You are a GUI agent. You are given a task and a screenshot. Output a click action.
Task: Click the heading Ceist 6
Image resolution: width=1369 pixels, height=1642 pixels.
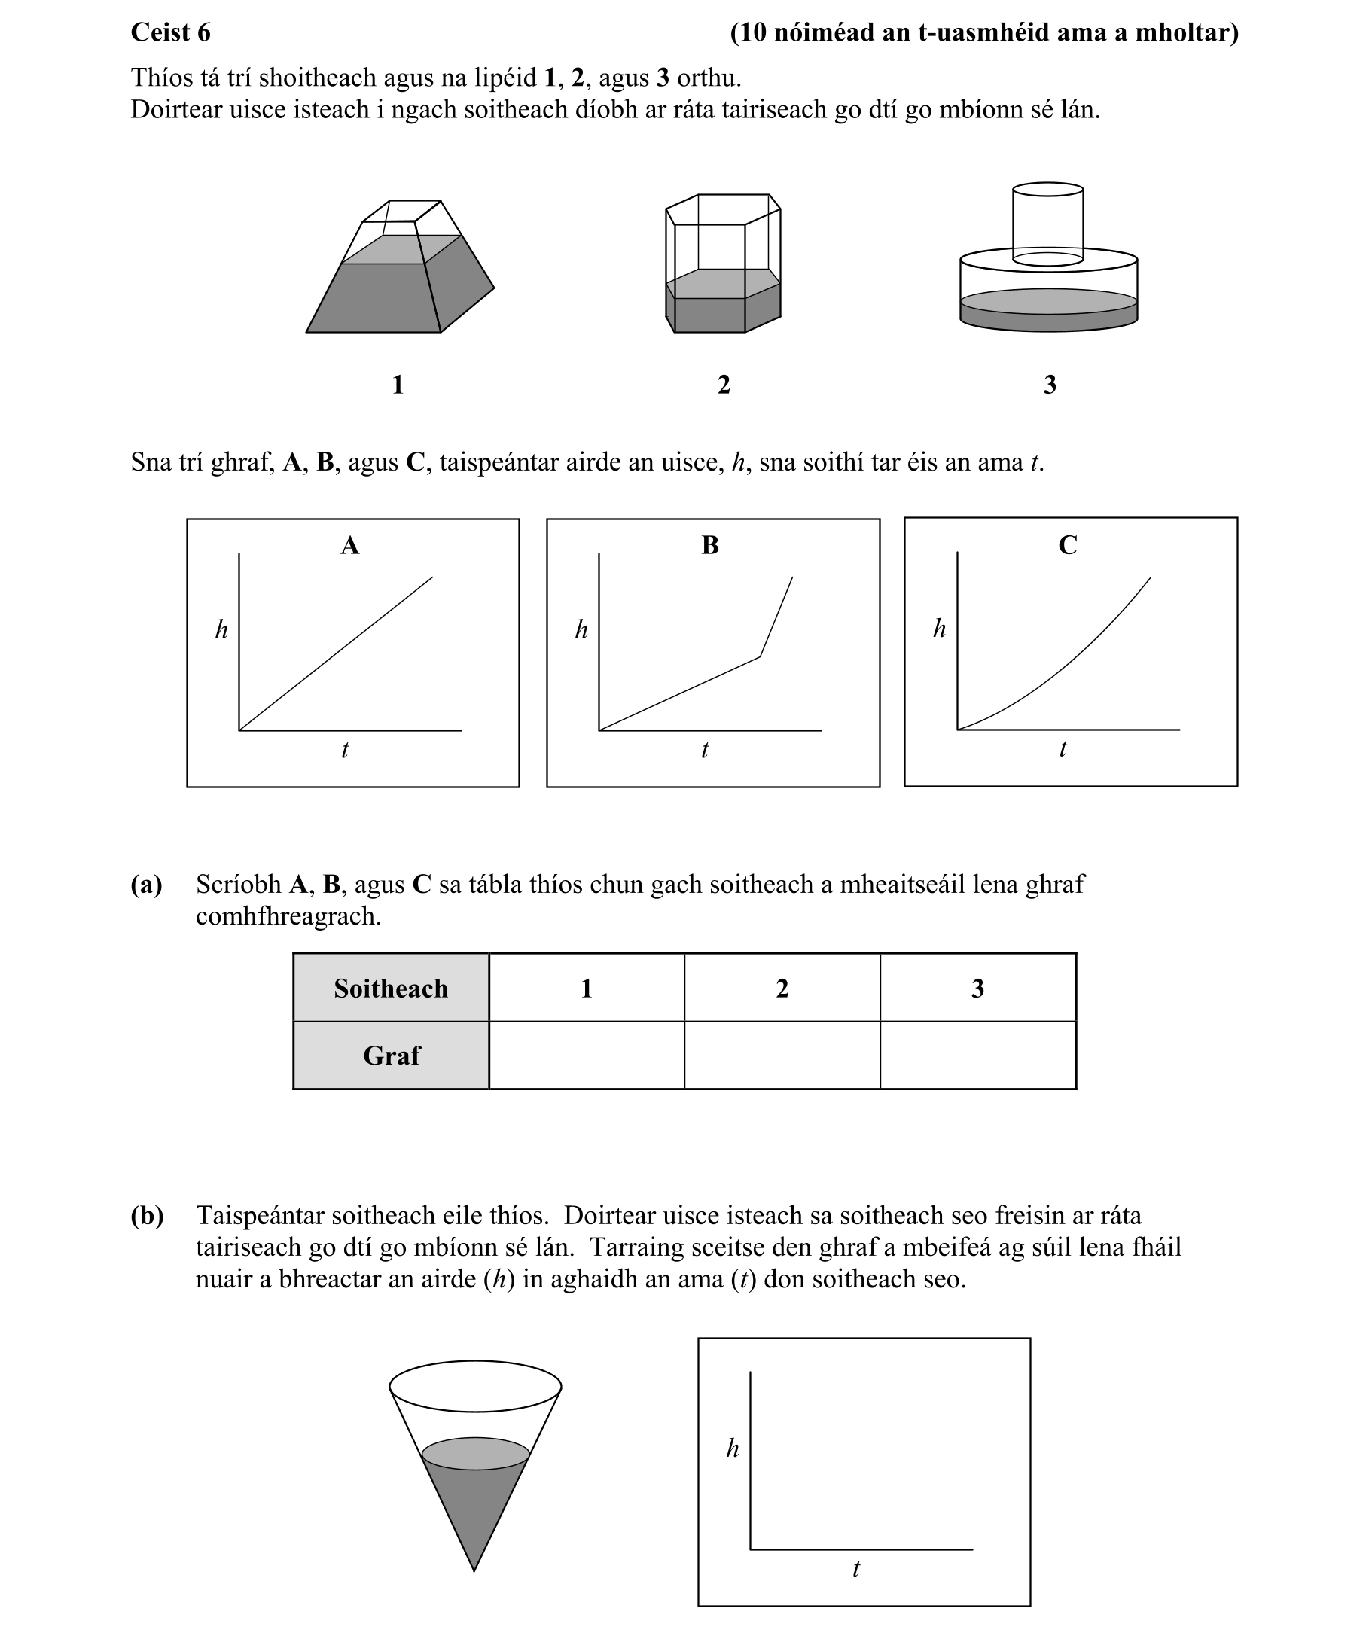(x=170, y=33)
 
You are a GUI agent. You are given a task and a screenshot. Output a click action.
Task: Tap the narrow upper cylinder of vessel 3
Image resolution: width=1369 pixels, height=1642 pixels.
(x=1047, y=223)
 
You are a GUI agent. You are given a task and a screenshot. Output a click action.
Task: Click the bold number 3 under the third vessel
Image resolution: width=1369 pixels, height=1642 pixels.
(x=1050, y=385)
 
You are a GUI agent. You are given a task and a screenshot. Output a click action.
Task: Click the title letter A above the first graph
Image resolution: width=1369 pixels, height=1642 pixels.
(x=349, y=545)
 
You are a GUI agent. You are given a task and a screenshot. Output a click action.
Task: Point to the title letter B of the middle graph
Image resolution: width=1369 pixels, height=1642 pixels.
(x=709, y=545)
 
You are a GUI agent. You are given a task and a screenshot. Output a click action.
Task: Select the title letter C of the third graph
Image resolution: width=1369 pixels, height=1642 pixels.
(x=1067, y=545)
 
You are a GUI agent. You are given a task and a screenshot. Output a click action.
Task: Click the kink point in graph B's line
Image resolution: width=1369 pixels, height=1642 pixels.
(x=760, y=657)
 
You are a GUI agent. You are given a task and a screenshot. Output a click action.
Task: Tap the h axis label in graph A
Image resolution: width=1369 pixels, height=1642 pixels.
(x=221, y=629)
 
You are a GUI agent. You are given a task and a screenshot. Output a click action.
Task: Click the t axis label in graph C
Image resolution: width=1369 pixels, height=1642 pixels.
(x=1063, y=749)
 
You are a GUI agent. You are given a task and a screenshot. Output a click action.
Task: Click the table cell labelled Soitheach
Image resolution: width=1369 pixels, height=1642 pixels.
(x=391, y=989)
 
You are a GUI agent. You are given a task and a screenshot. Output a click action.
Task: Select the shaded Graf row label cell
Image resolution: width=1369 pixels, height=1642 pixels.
(x=391, y=1056)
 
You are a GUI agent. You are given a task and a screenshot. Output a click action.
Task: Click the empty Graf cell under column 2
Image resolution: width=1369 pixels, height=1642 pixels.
(x=782, y=1056)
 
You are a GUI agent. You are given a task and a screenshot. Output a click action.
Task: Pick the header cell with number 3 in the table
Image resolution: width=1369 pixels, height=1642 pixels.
(x=978, y=989)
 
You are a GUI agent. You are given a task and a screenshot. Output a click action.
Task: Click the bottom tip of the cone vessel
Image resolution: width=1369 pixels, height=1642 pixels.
(x=475, y=1568)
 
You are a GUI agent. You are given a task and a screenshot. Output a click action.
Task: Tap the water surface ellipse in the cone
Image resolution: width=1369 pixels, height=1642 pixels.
(x=476, y=1454)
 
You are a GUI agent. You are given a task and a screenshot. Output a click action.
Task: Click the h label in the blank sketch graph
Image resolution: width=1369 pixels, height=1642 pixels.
(x=732, y=1448)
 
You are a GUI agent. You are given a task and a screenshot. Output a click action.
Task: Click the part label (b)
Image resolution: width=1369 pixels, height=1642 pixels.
(x=147, y=1216)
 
